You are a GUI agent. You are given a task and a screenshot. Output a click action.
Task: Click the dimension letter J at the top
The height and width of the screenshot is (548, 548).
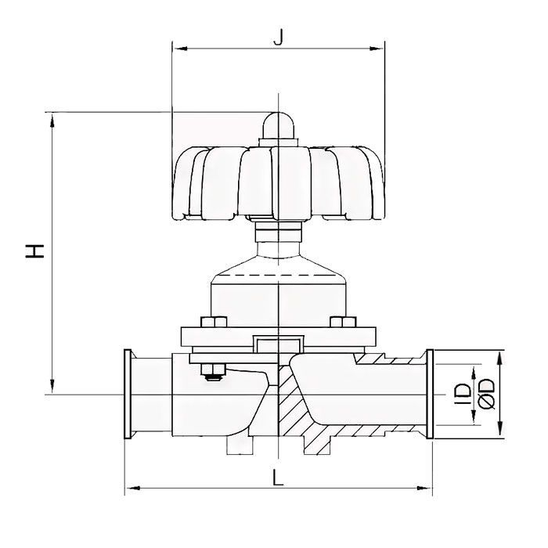pyautogui.click(x=277, y=36)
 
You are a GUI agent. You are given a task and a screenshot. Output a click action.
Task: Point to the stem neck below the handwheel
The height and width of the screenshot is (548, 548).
pyautogui.click(x=279, y=234)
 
